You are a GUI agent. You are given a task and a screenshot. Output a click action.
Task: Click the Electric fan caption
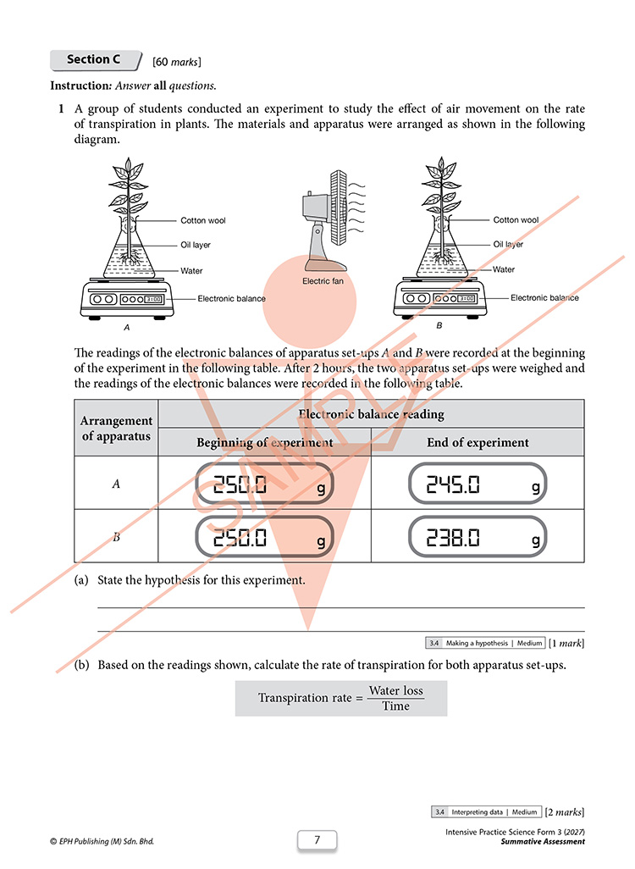coord(323,281)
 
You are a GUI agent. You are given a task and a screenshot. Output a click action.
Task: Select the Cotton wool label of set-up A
coord(203,220)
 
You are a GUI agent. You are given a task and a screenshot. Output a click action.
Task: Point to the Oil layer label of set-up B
coord(507,245)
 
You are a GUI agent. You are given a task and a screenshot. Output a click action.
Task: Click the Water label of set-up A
coord(191,271)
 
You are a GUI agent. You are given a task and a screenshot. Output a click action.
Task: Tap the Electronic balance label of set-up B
coord(544,297)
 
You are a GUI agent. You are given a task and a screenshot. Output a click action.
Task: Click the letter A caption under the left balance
coord(127,328)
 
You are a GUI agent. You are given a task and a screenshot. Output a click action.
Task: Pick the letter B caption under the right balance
coord(439,325)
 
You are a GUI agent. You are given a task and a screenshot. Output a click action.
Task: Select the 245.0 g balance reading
coord(477,484)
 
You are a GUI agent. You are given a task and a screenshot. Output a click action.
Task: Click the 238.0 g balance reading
coord(477,536)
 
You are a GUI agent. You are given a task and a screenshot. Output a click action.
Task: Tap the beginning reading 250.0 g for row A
coord(264,484)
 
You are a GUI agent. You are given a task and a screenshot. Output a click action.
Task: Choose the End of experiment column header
coord(478,442)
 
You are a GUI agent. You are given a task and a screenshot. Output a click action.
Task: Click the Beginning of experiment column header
coord(265,442)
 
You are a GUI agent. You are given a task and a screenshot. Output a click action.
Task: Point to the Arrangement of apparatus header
coord(116,429)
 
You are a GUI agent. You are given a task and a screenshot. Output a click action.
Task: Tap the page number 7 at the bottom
coord(317,839)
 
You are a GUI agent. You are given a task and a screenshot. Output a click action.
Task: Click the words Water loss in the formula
coord(395,690)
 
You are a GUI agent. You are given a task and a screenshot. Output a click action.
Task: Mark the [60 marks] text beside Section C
coord(177,62)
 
